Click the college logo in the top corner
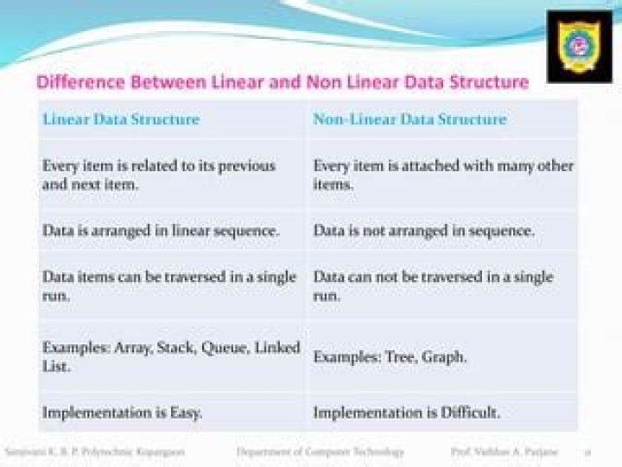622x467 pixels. pyautogui.click(x=579, y=47)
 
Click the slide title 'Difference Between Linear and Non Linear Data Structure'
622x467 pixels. pyautogui.click(x=282, y=83)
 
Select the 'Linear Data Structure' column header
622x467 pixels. pyautogui.click(x=121, y=119)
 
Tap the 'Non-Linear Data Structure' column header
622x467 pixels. pyautogui.click(x=409, y=119)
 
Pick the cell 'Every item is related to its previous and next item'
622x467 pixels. pyautogui.click(x=159, y=174)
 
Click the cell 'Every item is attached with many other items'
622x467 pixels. pyautogui.click(x=443, y=174)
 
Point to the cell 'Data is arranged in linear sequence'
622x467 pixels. pyautogui.click(x=161, y=231)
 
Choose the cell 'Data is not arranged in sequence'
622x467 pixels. pyautogui.click(x=423, y=231)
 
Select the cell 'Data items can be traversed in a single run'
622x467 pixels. pyautogui.click(x=169, y=286)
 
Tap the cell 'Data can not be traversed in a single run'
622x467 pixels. pyautogui.click(x=433, y=286)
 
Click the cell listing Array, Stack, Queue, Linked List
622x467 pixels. pyautogui.click(x=171, y=356)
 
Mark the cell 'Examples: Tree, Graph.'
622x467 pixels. pyautogui.click(x=390, y=356)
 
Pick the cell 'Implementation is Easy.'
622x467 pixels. pyautogui.click(x=122, y=413)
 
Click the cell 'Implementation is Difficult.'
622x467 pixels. pyautogui.click(x=406, y=413)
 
